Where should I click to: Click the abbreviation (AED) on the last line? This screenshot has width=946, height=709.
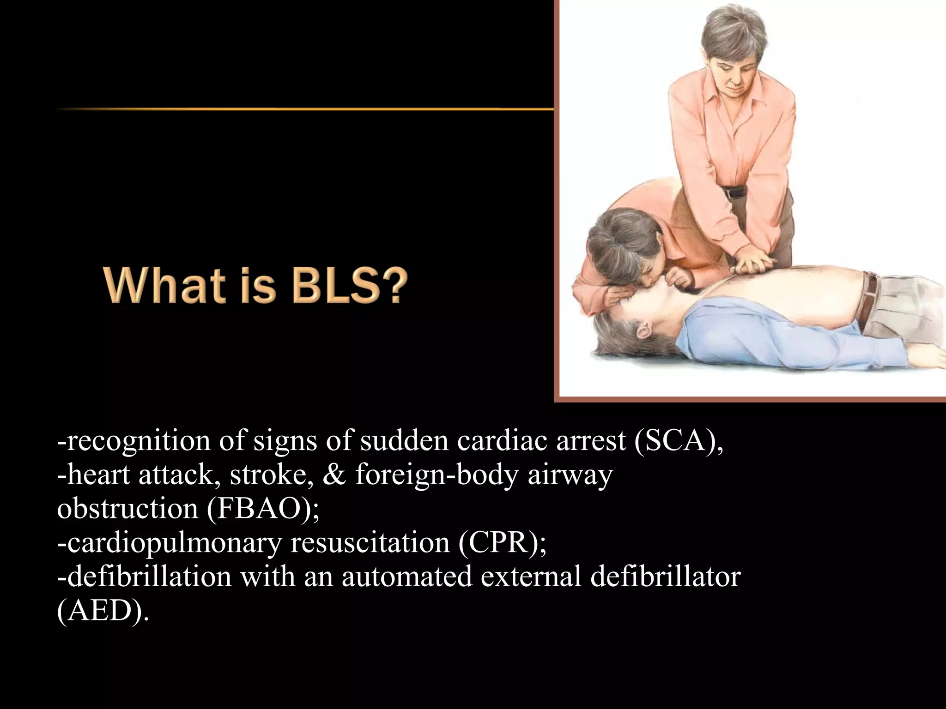[103, 611]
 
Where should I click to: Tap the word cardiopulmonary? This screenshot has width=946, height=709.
[169, 543]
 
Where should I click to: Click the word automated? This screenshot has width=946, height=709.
[407, 577]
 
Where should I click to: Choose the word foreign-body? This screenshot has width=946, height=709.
[437, 475]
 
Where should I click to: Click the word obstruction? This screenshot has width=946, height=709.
[127, 509]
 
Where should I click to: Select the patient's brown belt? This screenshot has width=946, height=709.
[868, 300]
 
